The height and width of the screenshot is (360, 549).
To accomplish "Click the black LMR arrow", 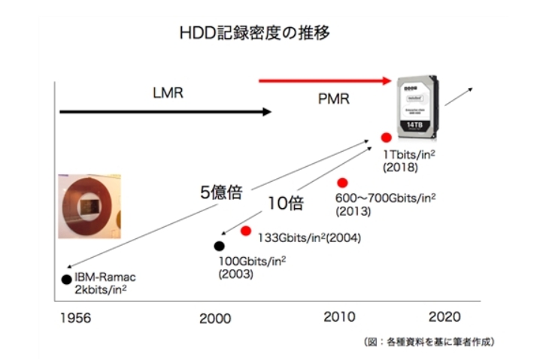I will click(x=165, y=112).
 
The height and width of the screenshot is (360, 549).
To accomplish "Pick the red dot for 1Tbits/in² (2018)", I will click(x=386, y=138).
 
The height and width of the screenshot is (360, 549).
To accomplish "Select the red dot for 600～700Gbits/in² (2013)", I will click(x=342, y=183).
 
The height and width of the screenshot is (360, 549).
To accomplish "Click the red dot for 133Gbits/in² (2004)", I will click(x=245, y=231).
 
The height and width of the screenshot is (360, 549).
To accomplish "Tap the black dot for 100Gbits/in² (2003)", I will click(x=219, y=245).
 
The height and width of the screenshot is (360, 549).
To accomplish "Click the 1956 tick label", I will click(x=74, y=318).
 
